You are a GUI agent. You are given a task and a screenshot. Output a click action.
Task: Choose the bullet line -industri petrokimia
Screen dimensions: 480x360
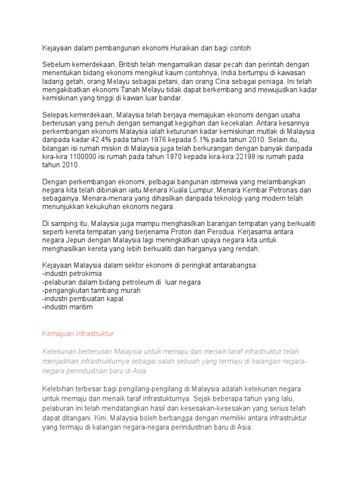pos(72,274)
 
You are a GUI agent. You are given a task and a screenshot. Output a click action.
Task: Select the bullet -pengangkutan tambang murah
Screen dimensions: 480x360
pos(91,291)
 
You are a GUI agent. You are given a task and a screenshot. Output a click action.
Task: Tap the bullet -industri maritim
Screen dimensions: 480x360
pos(67,307)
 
